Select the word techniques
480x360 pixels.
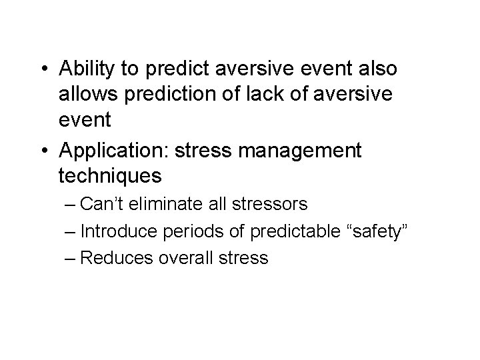110,176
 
